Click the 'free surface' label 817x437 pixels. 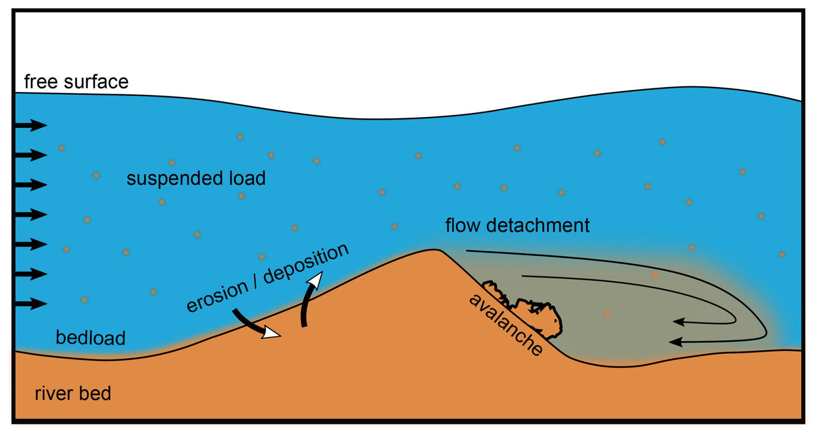point(76,82)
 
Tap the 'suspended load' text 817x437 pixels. point(196,178)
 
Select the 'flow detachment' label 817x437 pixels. point(517,225)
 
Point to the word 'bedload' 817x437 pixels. point(90,338)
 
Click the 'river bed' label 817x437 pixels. point(73,393)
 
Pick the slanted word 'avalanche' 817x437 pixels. point(506,324)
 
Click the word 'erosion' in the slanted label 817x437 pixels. point(217,296)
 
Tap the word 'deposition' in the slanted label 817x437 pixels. point(306,264)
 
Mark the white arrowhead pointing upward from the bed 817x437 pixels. point(315,281)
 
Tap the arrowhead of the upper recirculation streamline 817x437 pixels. point(679,322)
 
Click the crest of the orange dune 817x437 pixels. point(432,251)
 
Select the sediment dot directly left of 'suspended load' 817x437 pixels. point(96,175)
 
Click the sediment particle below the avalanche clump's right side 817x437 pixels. point(607,314)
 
